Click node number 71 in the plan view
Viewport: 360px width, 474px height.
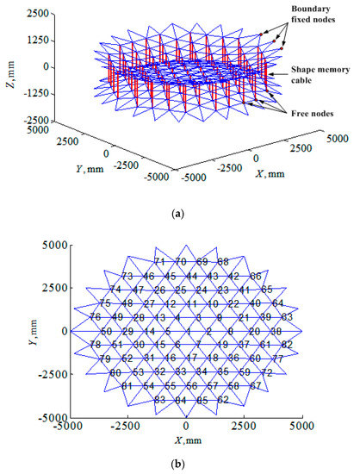159,261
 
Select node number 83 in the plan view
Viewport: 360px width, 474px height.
159,400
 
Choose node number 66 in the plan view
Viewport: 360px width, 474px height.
256,276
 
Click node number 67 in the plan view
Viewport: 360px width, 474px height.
255,386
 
